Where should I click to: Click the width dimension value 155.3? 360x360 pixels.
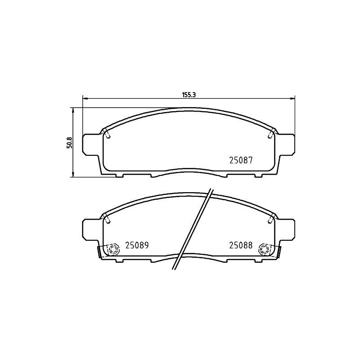point(188,94)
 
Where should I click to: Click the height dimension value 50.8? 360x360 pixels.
point(69,142)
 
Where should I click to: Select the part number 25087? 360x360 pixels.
point(242,160)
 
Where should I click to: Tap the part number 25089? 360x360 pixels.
point(137,245)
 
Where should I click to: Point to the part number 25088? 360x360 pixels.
point(242,245)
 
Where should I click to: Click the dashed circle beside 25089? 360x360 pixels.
point(112,248)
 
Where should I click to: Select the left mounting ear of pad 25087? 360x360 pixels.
point(90,144)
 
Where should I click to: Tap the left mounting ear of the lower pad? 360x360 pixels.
point(90,229)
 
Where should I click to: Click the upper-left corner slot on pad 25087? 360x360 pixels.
point(108,133)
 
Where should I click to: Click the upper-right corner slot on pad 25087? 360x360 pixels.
point(270,133)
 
